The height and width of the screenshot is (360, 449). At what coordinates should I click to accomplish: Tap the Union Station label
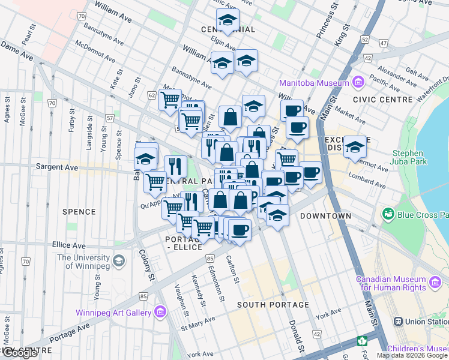(427, 322)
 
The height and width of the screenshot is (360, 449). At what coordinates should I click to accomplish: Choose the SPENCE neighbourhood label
(79, 212)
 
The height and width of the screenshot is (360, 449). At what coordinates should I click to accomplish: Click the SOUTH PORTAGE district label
(273, 305)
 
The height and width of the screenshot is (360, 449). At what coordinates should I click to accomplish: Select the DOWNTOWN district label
(325, 215)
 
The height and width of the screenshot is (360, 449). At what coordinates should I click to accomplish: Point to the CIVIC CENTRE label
(377, 99)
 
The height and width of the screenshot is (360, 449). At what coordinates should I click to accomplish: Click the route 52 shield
(364, 40)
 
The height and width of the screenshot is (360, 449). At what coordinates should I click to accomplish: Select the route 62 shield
(151, 95)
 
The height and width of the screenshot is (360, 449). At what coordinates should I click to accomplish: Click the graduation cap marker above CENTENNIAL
(228, 21)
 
